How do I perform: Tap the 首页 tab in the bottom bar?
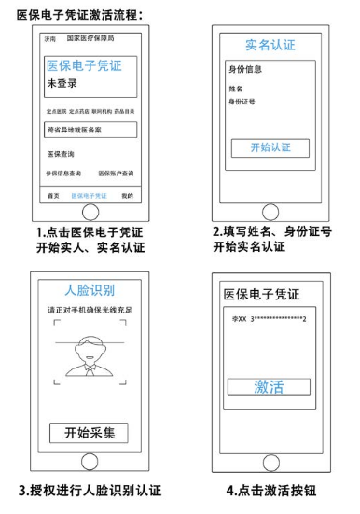[54, 195]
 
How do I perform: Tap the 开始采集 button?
[90, 433]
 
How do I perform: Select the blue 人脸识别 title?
[90, 289]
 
